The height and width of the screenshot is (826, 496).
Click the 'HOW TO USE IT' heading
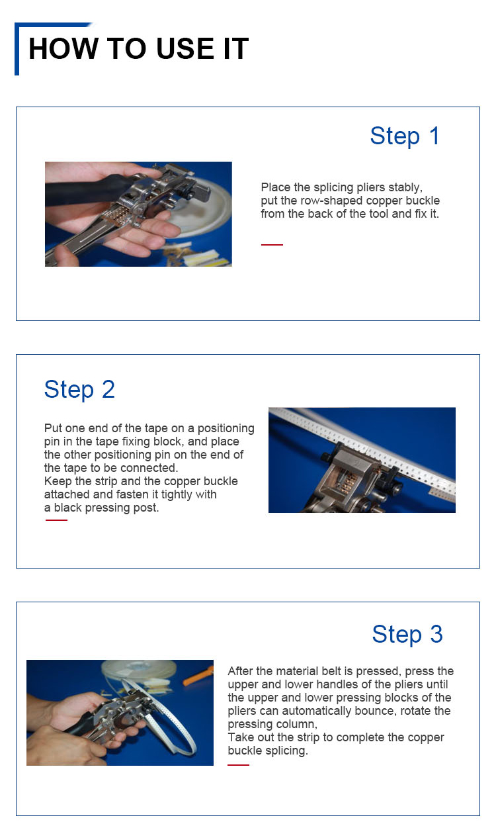coord(138,49)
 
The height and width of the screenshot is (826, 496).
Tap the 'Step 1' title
coord(405,136)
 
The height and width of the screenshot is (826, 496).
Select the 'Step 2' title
coord(79,389)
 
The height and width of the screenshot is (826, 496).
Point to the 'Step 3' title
coord(407,634)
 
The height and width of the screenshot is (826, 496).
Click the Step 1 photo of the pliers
coord(138,214)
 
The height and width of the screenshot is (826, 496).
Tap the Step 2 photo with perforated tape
coord(362,460)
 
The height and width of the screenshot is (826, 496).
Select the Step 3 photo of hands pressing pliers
coord(120,712)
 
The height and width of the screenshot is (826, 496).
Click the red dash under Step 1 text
coord(272,245)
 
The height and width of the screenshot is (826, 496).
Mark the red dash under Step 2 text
coord(56,520)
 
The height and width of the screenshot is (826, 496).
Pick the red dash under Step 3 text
coord(238,765)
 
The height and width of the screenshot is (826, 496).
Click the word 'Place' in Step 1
coord(274,187)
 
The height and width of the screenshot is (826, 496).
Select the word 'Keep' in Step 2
coord(57,481)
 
